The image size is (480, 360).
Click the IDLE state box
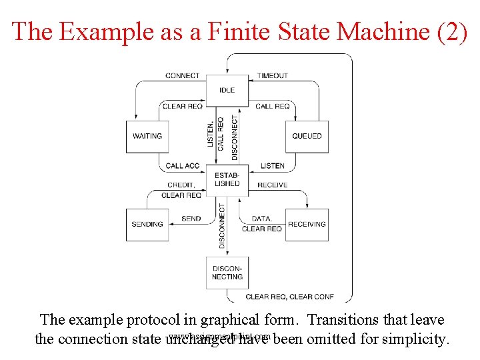tap(227, 90)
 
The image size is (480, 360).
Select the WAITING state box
tap(147, 136)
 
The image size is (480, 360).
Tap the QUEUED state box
tap(307, 136)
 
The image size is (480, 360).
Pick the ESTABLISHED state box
tap(227, 179)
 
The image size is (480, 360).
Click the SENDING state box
tap(147, 225)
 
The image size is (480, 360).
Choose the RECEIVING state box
tap(307, 225)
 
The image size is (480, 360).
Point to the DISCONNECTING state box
tap(227, 272)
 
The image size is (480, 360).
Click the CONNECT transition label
tap(182, 75)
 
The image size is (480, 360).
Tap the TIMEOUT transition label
tap(273, 75)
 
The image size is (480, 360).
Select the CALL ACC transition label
tap(183, 166)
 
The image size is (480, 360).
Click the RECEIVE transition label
tap(273, 185)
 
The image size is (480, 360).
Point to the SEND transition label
tap(191, 219)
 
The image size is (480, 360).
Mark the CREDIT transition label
tap(181, 185)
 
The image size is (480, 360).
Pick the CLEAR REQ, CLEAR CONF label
tap(289, 297)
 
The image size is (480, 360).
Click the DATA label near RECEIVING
tap(261, 219)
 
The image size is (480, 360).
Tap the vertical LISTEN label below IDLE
tap(211, 135)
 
